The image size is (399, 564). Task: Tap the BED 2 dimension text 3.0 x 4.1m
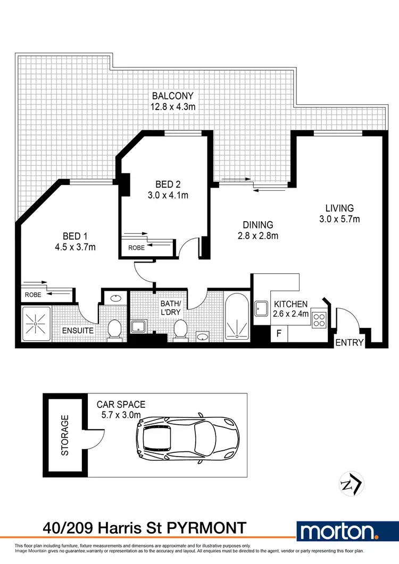pos(169,195)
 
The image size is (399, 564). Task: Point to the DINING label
pos(257,225)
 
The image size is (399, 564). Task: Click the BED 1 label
pos(75,236)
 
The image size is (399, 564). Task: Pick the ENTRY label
pos(349,343)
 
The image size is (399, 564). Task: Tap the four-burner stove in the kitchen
pos(319,319)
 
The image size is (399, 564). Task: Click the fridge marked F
pos(278,334)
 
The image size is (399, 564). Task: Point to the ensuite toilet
pos(114,330)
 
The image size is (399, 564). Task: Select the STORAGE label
pos(65,435)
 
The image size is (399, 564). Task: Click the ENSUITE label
pos(79,331)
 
